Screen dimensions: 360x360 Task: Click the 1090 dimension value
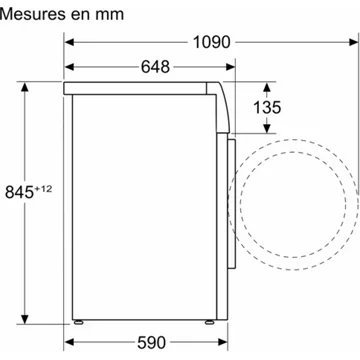[x=209, y=42]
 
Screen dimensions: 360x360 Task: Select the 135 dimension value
[x=268, y=107]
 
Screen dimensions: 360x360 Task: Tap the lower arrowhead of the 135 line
[x=267, y=131]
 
